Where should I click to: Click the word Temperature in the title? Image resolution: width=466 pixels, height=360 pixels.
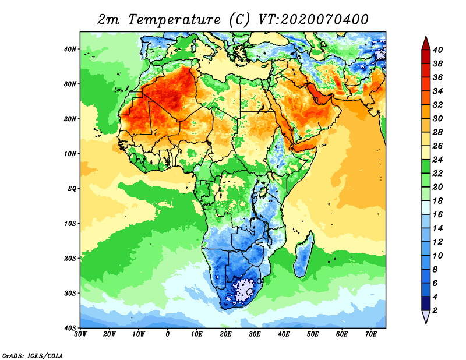click(174, 20)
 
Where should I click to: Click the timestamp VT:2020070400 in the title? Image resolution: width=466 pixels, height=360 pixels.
click(313, 20)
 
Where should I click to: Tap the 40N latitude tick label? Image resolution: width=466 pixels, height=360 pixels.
click(70, 49)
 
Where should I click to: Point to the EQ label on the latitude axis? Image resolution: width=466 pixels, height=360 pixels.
click(72, 189)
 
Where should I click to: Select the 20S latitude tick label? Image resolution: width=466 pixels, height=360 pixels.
click(70, 258)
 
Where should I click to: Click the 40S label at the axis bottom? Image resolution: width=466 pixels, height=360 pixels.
click(70, 328)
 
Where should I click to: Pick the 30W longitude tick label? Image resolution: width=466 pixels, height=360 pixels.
click(80, 334)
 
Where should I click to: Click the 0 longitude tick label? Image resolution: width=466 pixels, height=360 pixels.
click(168, 334)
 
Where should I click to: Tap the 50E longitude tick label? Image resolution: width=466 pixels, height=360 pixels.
click(313, 334)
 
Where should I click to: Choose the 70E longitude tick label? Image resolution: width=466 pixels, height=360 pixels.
click(371, 334)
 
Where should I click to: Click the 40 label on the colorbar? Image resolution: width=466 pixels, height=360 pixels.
click(437, 50)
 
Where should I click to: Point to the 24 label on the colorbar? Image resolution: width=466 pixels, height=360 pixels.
click(437, 160)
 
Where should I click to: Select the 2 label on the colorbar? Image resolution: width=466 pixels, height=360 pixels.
click(435, 310)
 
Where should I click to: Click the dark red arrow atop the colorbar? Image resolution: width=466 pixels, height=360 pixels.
click(426, 43)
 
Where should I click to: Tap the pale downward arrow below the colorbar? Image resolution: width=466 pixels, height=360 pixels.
click(426, 316)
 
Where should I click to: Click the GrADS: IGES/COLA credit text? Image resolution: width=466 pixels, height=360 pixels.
click(33, 355)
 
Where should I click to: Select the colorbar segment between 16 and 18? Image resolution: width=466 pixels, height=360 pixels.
click(426, 207)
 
